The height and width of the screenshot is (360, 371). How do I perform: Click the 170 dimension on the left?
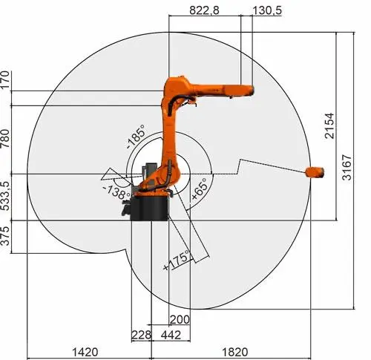7,79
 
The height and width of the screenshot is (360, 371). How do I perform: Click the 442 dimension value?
171,335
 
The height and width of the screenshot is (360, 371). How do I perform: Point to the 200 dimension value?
180,319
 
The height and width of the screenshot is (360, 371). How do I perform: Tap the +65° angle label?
199,190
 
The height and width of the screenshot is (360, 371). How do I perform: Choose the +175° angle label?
177,261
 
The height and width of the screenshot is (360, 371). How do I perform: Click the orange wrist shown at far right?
315,172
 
